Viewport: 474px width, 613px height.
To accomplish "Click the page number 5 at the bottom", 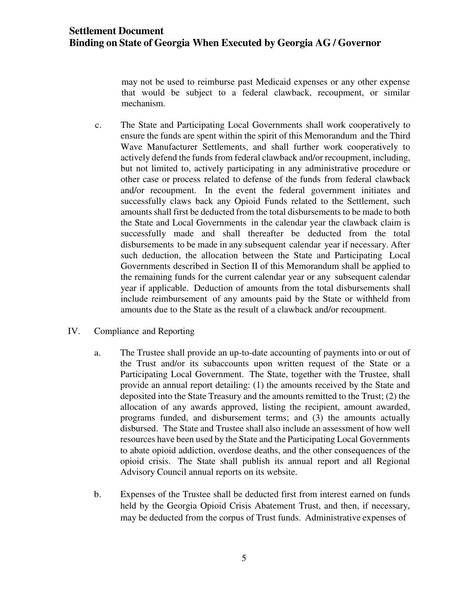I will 244,558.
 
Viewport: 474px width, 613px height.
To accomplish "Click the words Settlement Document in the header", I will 116,31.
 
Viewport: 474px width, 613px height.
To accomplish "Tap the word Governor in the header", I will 359,43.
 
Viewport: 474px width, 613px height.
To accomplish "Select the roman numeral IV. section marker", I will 74,331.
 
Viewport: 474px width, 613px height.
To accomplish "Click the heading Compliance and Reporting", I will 144,331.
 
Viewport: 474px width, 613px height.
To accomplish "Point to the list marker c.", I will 98,125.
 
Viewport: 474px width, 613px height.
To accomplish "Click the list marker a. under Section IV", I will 97,353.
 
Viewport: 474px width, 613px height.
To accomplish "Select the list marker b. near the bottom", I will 97,494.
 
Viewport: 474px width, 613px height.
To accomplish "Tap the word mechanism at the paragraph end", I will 143,104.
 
